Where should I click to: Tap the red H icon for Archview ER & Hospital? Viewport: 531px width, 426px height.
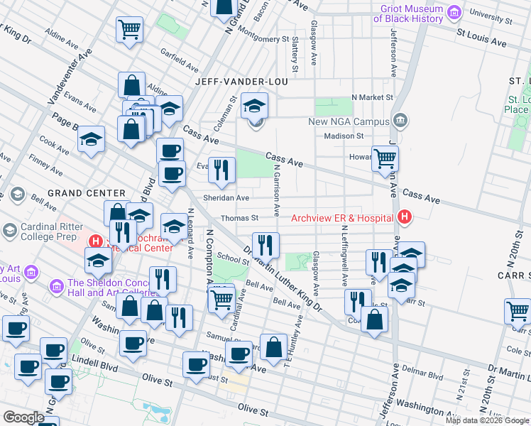click(404, 217)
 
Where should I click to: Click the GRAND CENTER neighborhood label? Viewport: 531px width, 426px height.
click(86, 193)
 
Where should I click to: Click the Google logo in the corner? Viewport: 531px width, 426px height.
click(23, 417)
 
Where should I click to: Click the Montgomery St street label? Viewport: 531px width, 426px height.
click(261, 39)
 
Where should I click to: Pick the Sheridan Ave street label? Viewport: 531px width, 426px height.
click(226, 198)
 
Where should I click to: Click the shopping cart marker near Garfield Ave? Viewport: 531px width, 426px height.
click(130, 29)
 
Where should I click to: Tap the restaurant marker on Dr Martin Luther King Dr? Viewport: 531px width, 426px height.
click(265, 245)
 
